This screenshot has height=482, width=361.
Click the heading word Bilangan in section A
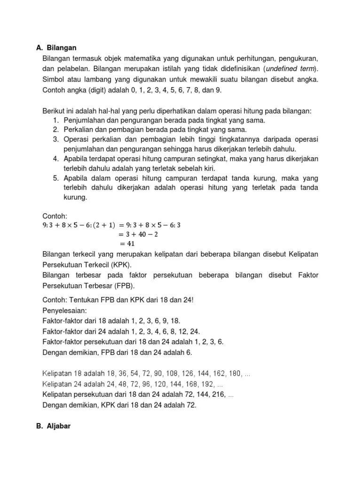(61, 48)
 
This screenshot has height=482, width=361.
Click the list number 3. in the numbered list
(55, 140)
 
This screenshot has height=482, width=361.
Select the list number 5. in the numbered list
(55, 178)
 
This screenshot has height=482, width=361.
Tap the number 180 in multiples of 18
(235, 373)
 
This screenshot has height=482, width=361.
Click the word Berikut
(53, 111)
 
